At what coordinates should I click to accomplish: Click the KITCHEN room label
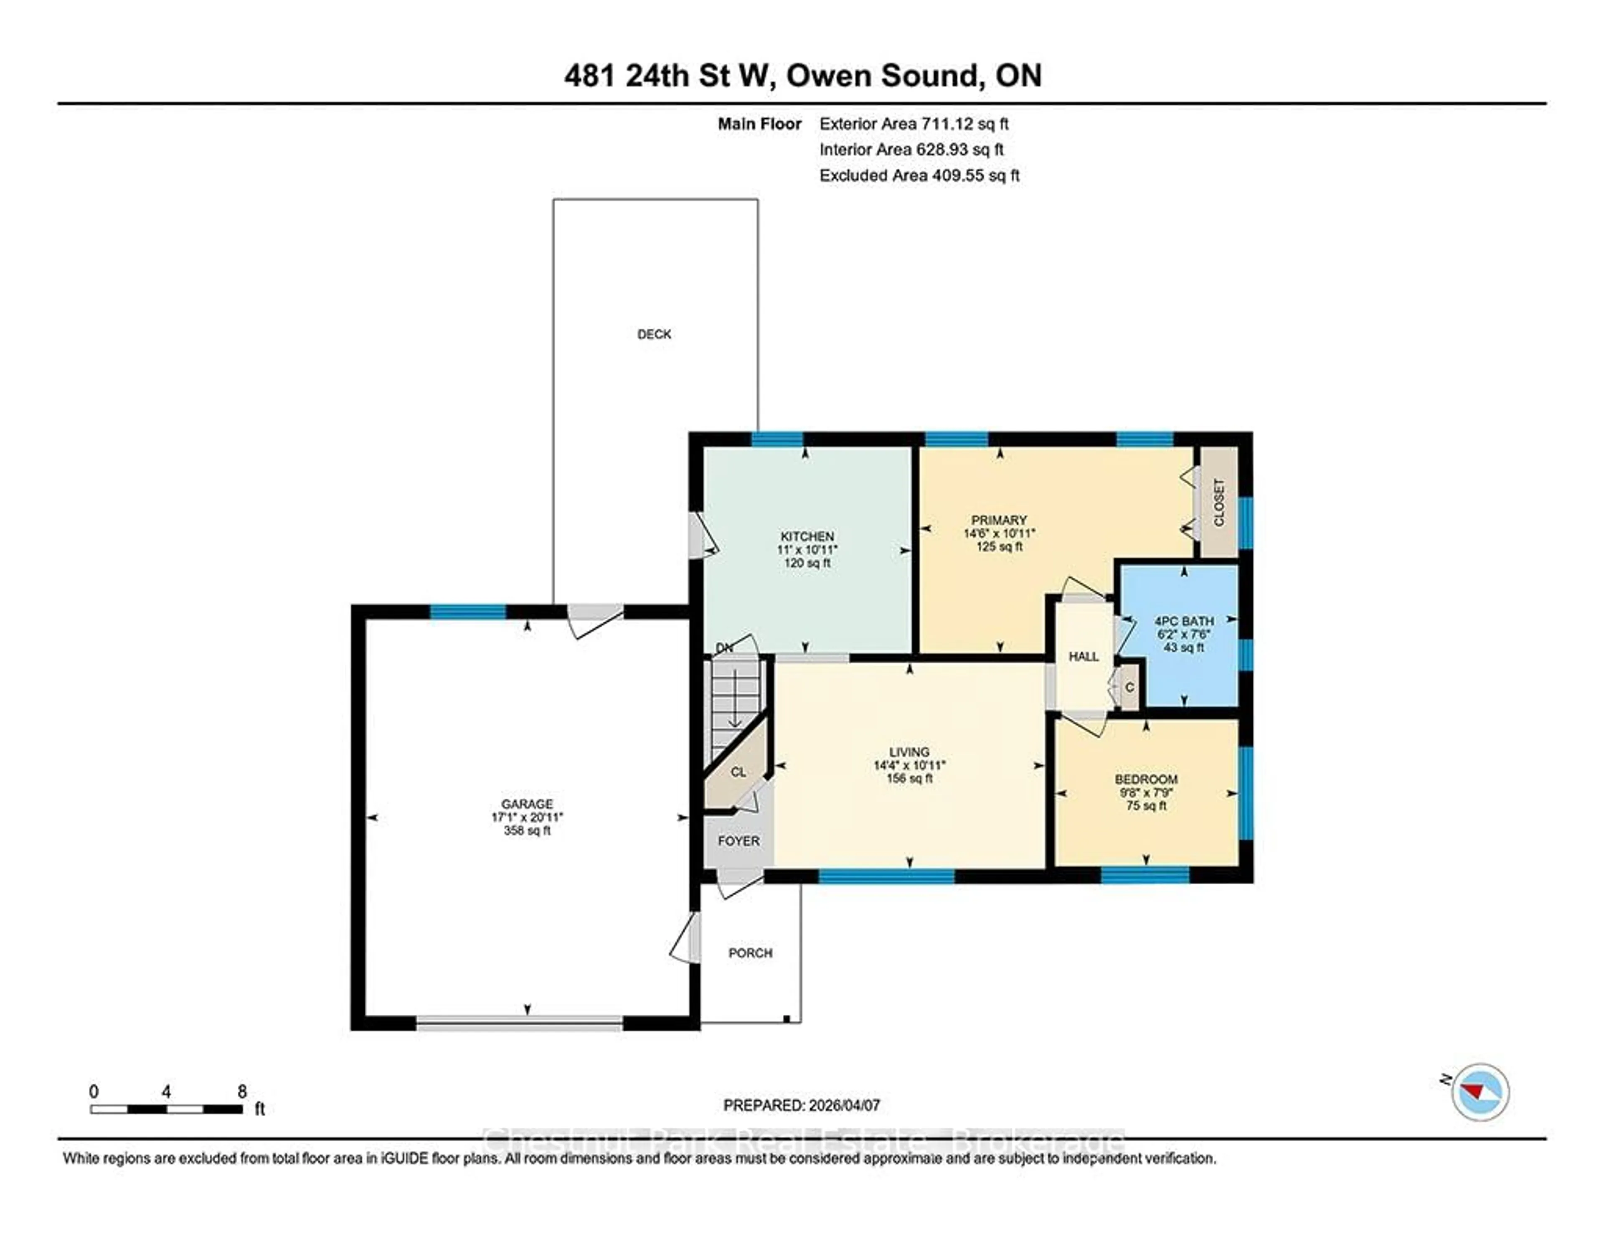[807, 536]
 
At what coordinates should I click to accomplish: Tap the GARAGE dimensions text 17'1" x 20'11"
[527, 817]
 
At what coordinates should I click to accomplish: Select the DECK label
[654, 334]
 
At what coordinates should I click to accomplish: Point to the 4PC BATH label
[1183, 621]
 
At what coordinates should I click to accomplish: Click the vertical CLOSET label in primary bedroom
[1219, 503]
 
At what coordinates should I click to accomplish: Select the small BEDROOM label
[1146, 779]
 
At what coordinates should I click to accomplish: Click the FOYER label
[738, 841]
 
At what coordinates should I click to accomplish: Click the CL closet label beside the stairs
[738, 772]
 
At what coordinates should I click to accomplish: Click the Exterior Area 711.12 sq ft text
[914, 123]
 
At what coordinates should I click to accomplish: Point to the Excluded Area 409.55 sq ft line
[919, 175]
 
